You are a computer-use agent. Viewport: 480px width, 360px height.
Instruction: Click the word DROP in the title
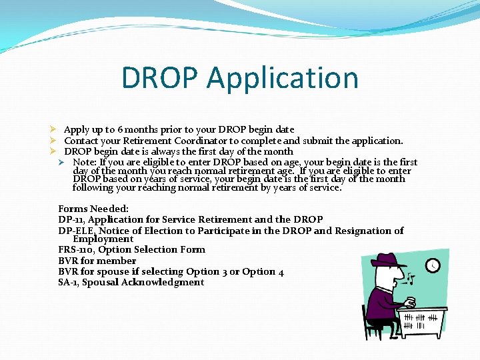(x=160, y=78)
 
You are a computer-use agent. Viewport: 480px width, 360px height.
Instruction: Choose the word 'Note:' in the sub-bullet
(x=84, y=162)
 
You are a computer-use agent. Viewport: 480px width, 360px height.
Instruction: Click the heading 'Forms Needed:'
(x=93, y=209)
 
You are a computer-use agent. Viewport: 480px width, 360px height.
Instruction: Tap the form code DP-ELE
(x=76, y=231)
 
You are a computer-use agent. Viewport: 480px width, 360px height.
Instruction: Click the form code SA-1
(x=67, y=282)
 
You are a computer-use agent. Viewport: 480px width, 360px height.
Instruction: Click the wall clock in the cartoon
(x=433, y=265)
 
